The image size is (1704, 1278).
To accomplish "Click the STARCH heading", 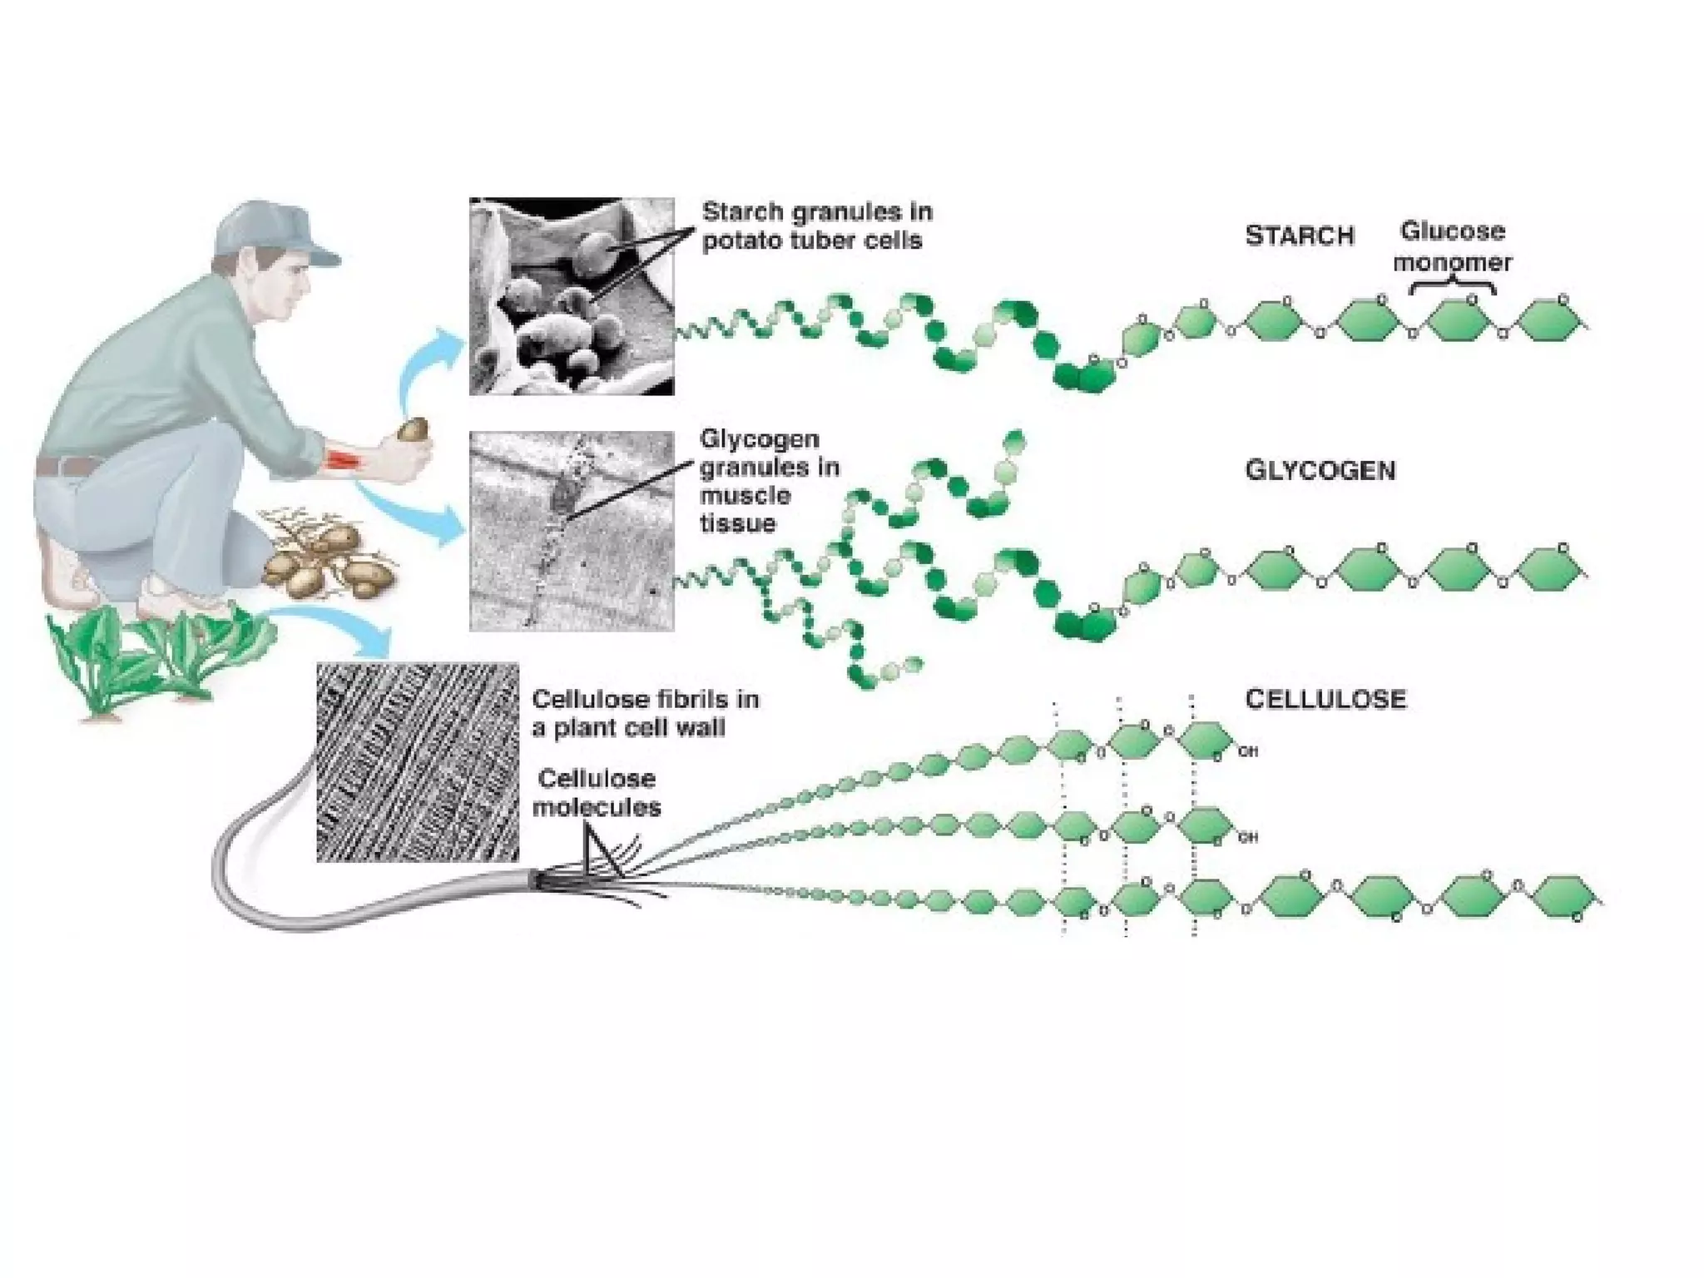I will (1299, 236).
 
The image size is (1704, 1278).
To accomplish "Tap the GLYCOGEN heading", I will (1320, 471).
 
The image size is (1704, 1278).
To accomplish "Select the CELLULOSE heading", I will (1325, 699).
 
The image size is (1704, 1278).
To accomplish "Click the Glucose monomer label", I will (1452, 246).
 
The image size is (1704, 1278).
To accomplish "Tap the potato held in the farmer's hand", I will (414, 430).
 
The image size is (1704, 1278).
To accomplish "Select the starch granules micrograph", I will (572, 296).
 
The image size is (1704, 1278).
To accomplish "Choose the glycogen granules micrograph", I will (572, 531).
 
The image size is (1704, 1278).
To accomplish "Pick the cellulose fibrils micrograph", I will (418, 762).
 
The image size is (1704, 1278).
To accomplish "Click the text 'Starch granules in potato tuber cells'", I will (816, 226).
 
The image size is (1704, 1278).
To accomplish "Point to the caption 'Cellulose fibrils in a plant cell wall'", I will (645, 713).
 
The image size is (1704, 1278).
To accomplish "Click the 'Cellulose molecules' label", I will (597, 793).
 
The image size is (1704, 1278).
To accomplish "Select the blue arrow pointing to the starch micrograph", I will (424, 366).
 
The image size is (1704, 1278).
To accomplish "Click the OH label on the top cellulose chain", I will (1247, 752).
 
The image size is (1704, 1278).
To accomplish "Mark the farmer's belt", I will (67, 466).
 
